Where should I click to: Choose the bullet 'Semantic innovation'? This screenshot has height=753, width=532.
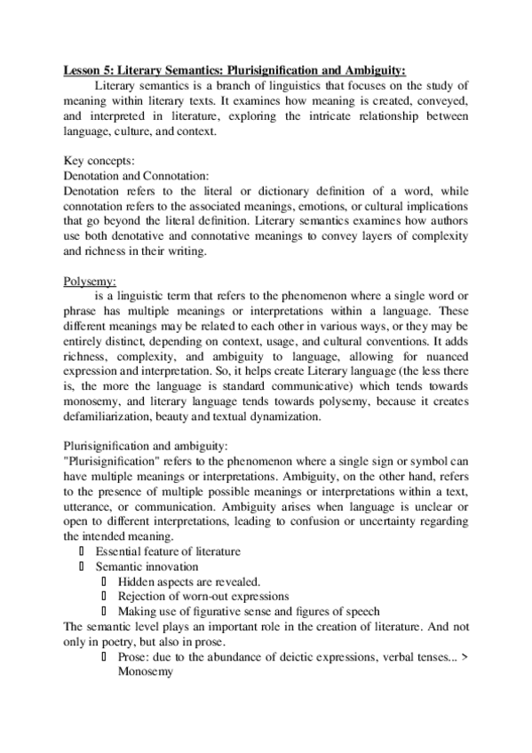[x=147, y=566]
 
